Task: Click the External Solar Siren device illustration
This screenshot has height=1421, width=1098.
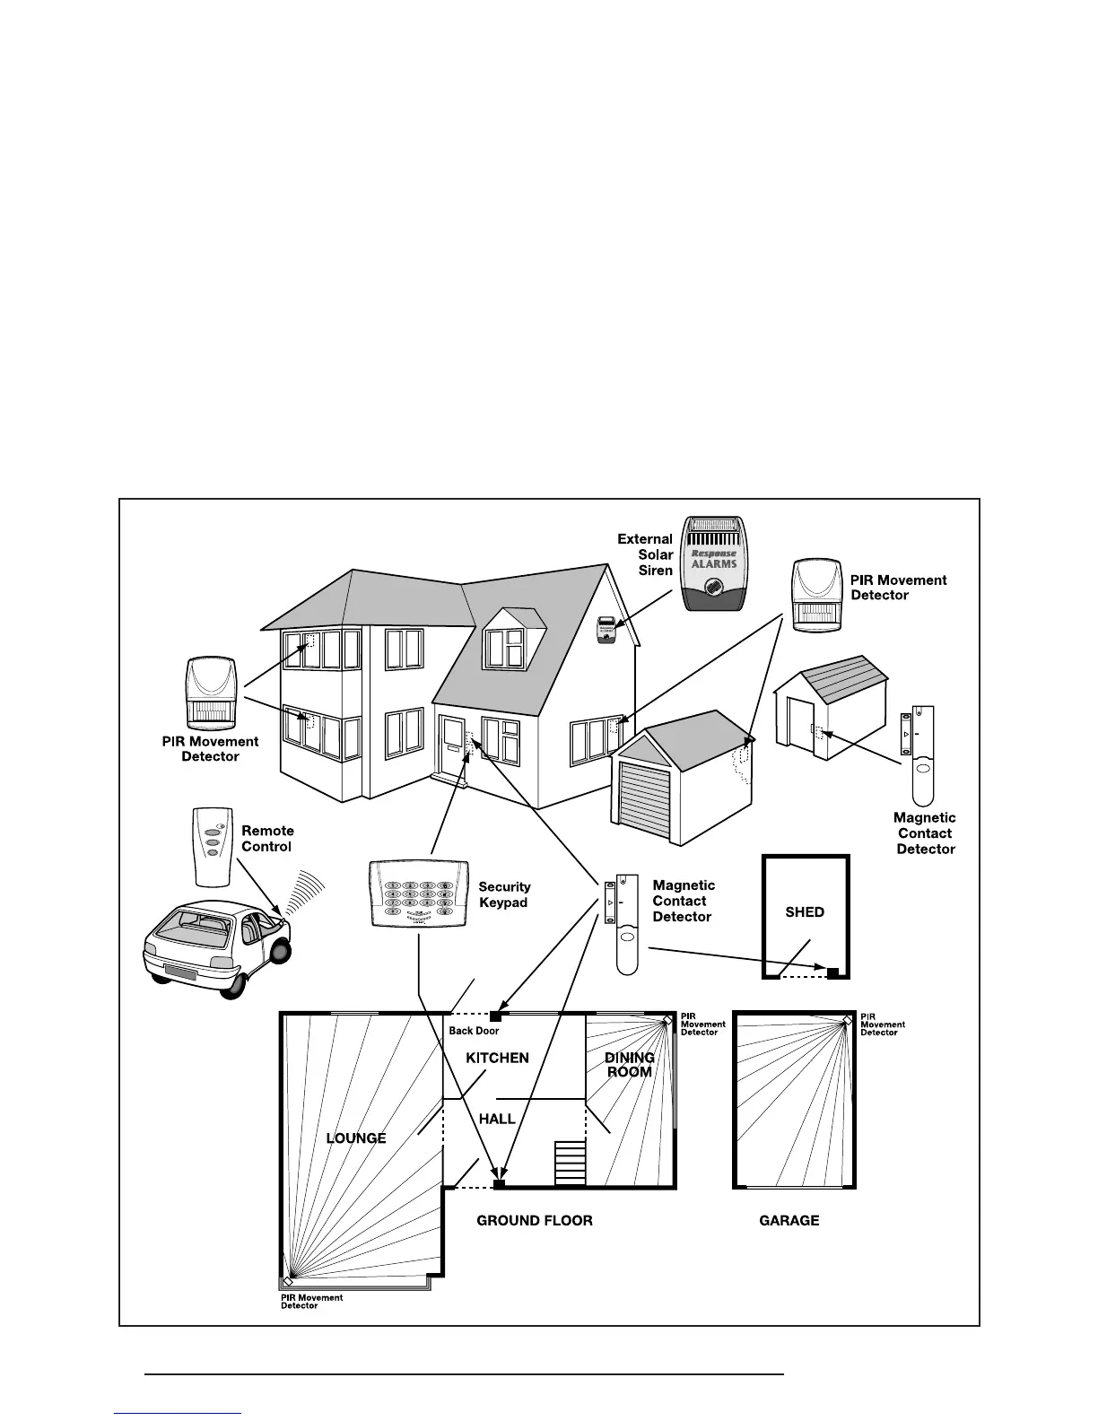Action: (714, 563)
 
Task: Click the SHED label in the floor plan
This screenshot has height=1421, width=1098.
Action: (805, 911)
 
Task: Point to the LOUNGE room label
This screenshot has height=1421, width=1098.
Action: (356, 1138)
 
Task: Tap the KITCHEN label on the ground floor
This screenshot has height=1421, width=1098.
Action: (497, 1059)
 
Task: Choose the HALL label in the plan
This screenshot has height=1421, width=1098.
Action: (497, 1119)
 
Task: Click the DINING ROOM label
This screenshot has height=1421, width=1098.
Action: (629, 1065)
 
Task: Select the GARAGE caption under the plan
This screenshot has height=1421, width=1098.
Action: (789, 1220)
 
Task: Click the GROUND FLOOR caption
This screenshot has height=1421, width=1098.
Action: (534, 1220)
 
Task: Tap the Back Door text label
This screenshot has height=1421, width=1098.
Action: (474, 1032)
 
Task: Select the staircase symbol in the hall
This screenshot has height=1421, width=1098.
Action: (569, 1163)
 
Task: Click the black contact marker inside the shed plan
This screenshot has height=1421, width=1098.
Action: (832, 972)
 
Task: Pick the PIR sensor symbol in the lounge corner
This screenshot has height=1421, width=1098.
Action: (288, 1281)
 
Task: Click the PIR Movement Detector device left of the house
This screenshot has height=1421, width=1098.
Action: (212, 694)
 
